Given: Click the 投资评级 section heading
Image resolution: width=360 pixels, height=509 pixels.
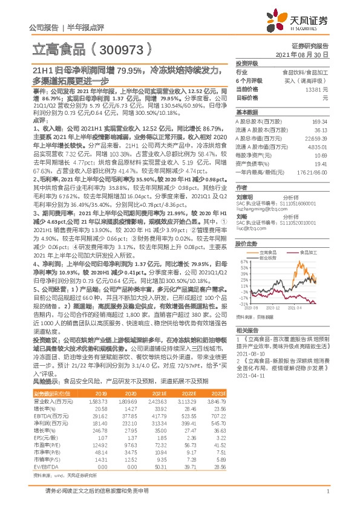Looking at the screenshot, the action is tap(246, 63).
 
